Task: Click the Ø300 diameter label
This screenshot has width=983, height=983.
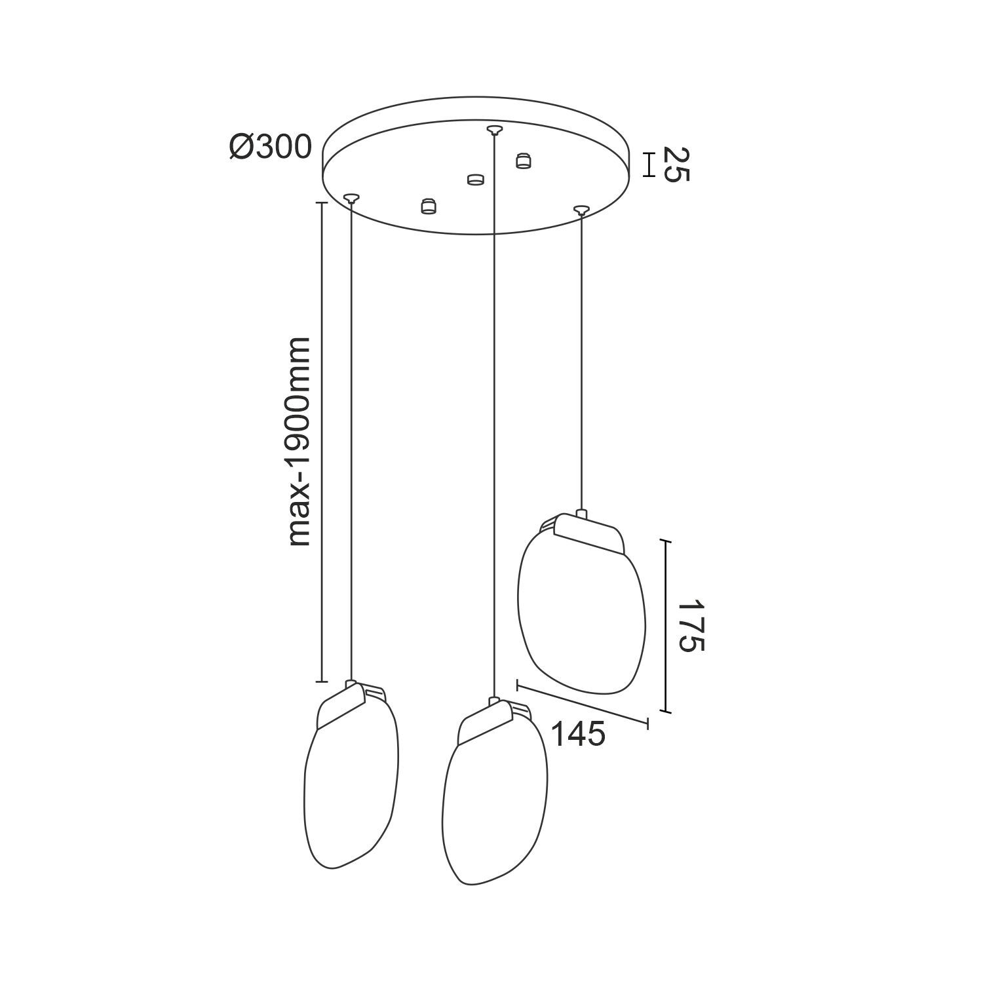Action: [270, 147]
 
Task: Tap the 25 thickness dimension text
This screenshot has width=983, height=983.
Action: [676, 164]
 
